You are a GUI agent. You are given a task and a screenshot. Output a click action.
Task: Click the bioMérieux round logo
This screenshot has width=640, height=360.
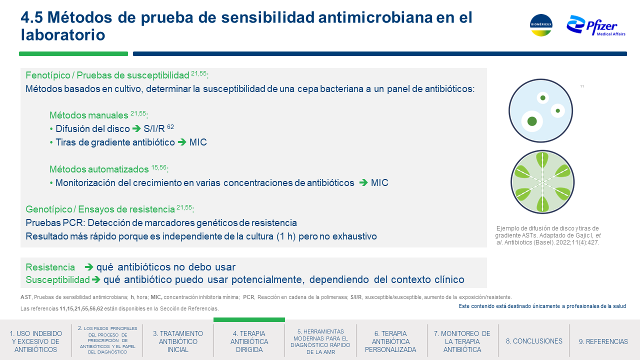coord(541,25)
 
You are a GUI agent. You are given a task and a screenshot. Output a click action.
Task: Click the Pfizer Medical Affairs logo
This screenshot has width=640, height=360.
coord(595,26)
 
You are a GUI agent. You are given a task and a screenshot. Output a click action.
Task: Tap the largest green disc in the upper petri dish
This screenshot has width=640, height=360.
coord(531,121)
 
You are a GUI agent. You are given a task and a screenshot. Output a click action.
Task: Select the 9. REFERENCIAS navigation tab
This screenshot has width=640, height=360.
coord(603,341)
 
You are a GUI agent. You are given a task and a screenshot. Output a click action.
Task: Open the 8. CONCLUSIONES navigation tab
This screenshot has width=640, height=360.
coord(534,341)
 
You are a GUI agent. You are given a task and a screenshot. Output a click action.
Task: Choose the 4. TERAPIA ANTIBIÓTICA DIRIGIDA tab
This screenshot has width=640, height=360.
coord(249,341)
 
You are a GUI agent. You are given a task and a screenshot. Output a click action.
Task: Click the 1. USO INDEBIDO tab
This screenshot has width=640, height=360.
coord(35,341)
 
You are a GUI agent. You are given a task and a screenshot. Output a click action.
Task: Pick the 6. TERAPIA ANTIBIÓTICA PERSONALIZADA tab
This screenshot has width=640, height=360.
coord(390,341)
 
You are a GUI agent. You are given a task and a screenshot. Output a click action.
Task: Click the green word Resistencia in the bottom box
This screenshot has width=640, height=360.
coord(50,267)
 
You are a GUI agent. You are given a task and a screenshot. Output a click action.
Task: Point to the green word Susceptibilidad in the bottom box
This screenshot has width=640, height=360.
coord(57,279)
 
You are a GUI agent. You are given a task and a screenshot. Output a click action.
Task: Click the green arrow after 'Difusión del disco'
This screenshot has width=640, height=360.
coord(136,128)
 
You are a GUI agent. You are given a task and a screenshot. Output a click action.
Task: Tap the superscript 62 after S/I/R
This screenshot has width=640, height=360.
coord(170,126)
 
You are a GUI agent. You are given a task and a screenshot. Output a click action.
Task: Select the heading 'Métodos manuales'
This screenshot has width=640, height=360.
coord(89,115)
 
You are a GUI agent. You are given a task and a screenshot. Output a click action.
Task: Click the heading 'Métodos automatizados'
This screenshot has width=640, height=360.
coord(99,169)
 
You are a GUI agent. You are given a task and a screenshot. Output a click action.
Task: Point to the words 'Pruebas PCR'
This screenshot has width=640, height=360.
coord(55,223)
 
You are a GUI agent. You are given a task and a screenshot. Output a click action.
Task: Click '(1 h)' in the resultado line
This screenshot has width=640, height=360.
coord(285,236)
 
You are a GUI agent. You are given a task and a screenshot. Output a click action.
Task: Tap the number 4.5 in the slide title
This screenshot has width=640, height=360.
coord(31,17)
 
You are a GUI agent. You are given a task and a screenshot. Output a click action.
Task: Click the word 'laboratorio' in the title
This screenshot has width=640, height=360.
coord(63,35)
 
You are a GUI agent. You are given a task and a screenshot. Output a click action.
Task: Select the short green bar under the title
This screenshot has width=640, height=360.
coord(73,53)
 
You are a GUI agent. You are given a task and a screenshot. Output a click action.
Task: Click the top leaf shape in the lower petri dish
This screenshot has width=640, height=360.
coord(542,160)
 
